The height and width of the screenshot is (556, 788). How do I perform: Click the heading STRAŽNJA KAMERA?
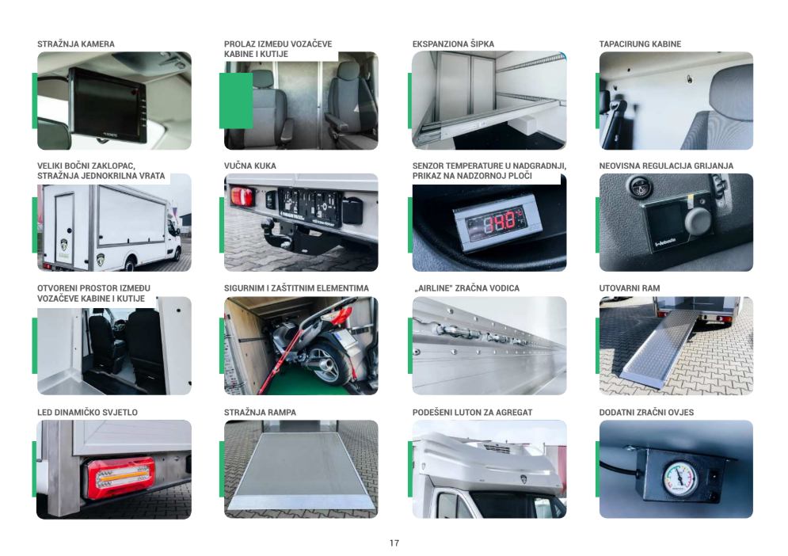(x=76, y=44)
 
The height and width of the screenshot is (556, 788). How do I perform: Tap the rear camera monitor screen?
(x=105, y=105)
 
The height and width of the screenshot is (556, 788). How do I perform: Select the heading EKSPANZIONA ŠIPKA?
(x=453, y=44)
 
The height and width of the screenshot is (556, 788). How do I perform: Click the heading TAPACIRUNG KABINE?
(x=640, y=44)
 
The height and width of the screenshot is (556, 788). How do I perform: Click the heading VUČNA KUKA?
(x=249, y=166)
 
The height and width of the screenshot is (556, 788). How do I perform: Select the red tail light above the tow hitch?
(x=242, y=196)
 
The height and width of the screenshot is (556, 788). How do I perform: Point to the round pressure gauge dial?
(x=681, y=477)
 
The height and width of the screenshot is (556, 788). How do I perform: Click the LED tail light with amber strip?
(x=120, y=477)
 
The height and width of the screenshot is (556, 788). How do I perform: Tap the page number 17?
(x=394, y=543)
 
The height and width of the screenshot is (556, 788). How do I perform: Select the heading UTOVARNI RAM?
(x=629, y=288)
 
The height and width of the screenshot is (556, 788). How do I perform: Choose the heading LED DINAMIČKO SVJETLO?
(x=87, y=413)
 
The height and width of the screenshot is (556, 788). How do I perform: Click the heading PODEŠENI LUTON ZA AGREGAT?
(x=472, y=413)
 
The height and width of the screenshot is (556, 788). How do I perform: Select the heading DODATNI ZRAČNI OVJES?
(x=646, y=413)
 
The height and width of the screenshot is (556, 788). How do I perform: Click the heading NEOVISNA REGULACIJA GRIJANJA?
(x=666, y=166)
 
